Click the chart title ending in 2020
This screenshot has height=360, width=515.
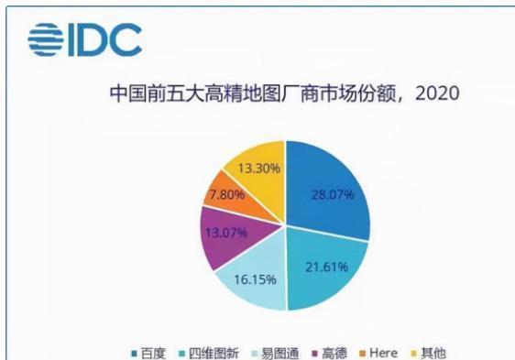pos(283,93)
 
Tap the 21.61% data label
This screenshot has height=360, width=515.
pos(322,267)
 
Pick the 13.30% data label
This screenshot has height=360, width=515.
pos(258,169)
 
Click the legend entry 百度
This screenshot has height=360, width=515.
pos(148,352)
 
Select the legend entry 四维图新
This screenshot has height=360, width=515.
pos(212,352)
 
